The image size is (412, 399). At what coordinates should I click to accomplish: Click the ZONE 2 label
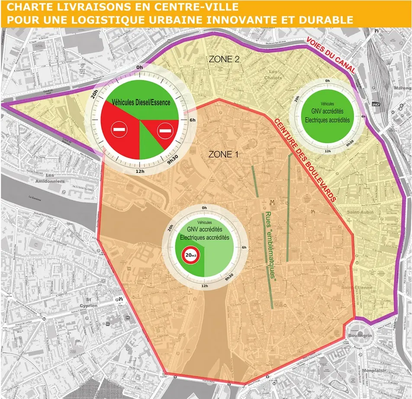click(224, 59)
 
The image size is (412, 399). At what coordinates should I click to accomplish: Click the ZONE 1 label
click(223, 154)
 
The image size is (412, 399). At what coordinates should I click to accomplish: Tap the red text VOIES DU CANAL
click(331, 54)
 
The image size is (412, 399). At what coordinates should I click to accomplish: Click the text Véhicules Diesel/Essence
click(141, 103)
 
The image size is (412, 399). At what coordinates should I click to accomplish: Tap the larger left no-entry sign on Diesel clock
click(118, 129)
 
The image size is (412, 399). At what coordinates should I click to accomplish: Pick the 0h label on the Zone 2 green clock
click(327, 81)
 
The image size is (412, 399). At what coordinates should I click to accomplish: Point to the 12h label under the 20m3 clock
click(204, 286)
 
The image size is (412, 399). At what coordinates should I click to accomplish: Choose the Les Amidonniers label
click(56, 178)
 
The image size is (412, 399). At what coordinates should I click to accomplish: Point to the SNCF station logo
click(375, 104)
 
